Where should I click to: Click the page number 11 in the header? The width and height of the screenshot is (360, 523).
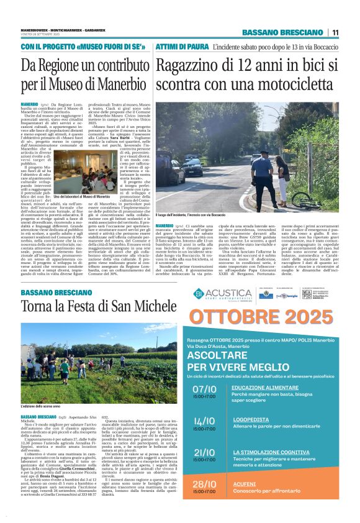pyautogui.click(x=335, y=32)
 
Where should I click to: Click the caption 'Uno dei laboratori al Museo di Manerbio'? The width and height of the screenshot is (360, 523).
pyautogui.click(x=83, y=196)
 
